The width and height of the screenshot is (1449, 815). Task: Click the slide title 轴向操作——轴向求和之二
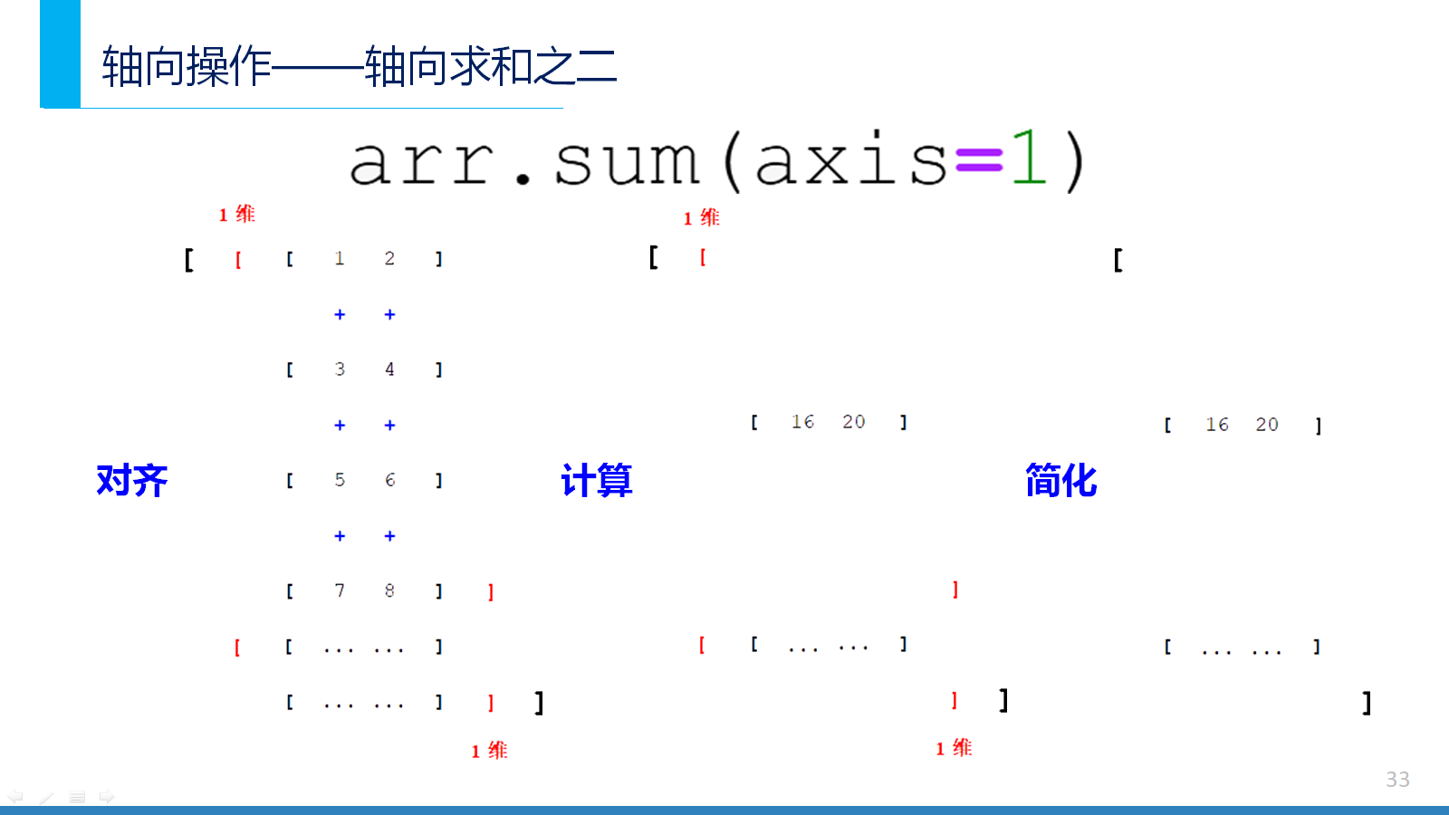(360, 67)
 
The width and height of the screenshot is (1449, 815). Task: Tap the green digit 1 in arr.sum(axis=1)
(1029, 158)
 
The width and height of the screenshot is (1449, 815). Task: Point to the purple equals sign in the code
(979, 159)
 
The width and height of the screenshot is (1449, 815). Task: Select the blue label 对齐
(132, 480)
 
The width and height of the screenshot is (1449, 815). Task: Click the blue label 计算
(597, 480)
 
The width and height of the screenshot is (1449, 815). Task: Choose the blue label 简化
(1060, 480)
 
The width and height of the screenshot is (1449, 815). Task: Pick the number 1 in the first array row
(339, 259)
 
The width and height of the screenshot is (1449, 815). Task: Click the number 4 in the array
(389, 369)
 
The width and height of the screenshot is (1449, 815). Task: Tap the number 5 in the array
(340, 480)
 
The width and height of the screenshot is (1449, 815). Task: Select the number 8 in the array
(389, 590)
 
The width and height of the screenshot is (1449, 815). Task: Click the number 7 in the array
(340, 590)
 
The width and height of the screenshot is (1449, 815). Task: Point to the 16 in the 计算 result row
(802, 422)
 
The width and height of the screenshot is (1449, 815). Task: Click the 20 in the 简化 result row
(1267, 425)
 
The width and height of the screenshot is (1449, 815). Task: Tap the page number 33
(1397, 780)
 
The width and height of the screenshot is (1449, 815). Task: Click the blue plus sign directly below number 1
(340, 315)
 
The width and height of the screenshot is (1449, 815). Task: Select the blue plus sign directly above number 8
(389, 536)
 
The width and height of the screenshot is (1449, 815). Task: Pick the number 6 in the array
(389, 480)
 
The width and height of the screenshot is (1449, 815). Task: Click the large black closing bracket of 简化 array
(1367, 703)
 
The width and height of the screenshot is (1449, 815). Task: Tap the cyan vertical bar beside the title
(60, 53)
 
